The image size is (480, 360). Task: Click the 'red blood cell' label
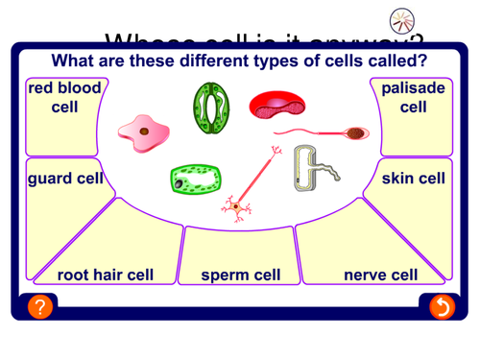[64, 98]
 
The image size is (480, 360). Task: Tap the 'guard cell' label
[64, 179]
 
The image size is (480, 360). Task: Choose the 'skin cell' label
[413, 179]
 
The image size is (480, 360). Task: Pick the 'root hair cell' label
[106, 276]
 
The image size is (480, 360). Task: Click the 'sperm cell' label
[240, 276]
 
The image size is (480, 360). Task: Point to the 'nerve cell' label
[380, 276]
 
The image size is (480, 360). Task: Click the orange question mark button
[38, 307]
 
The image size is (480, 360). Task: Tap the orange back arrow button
[442, 307]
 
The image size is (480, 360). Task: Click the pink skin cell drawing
[143, 131]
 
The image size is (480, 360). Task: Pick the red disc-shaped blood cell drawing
[276, 104]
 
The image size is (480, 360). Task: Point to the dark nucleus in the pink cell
[143, 131]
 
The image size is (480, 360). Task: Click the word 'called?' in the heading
[392, 61]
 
